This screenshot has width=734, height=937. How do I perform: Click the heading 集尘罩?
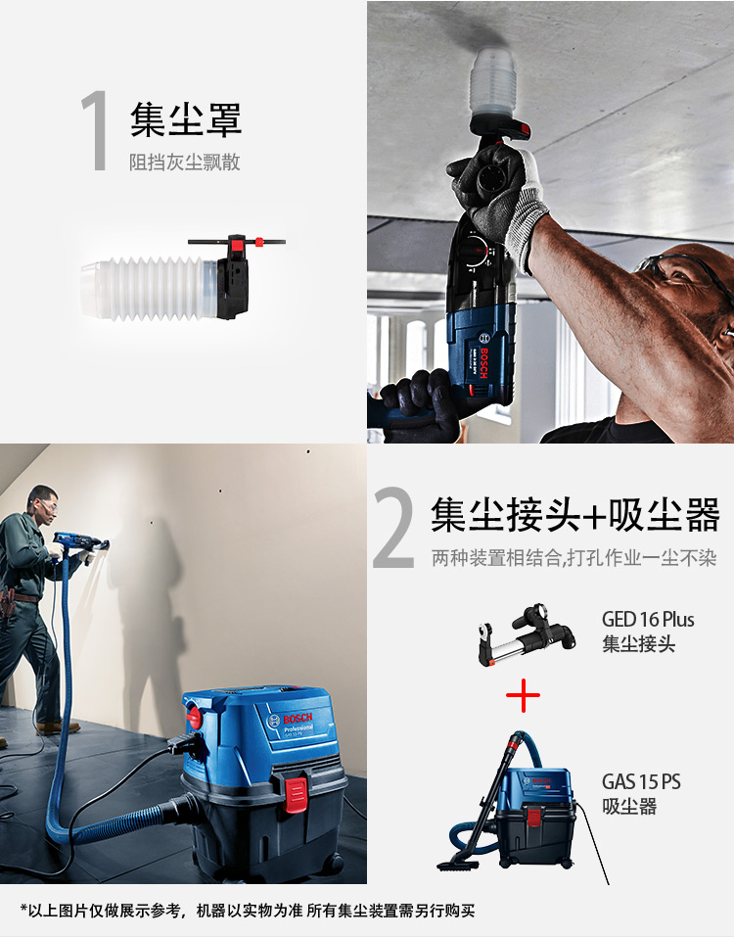[x=185, y=121]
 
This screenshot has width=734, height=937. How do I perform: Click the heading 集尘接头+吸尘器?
[x=574, y=514]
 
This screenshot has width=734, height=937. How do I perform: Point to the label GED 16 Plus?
[x=647, y=620]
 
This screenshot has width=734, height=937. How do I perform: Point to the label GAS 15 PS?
[x=641, y=781]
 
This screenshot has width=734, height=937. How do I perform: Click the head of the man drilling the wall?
[x=42, y=501]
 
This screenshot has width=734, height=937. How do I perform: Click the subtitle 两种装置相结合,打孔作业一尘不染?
[x=573, y=558]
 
